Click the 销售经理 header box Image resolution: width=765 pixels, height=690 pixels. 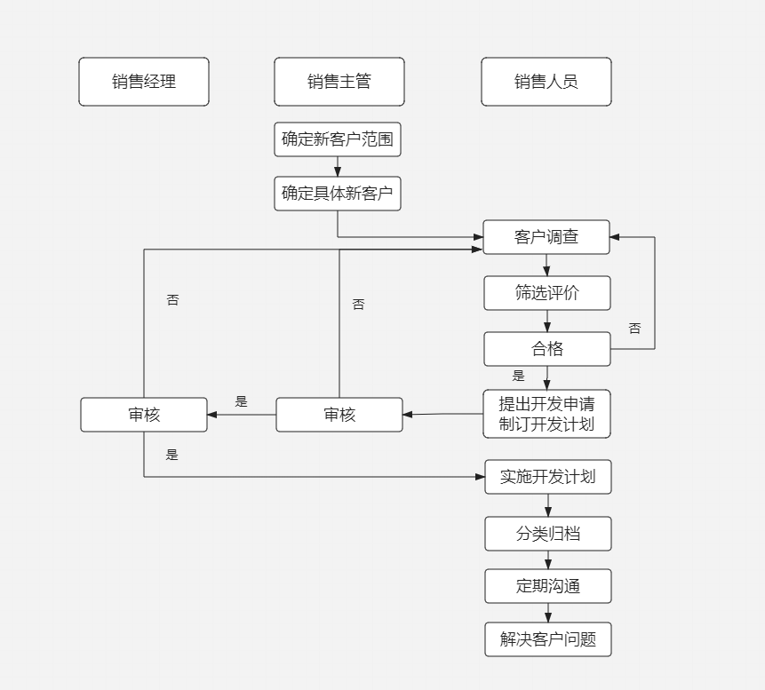pyautogui.click(x=144, y=82)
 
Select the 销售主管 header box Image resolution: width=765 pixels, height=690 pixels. pyautogui.click(x=339, y=82)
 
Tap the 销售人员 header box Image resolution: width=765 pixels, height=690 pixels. pyautogui.click(x=546, y=82)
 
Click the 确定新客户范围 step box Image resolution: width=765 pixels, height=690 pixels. pyautogui.click(x=338, y=139)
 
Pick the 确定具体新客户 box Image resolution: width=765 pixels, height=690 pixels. pyautogui.click(x=338, y=194)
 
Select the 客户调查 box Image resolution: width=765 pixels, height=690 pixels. pyautogui.click(x=546, y=237)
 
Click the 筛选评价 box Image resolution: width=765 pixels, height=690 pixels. pyautogui.click(x=546, y=293)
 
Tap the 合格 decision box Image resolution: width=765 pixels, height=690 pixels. pyautogui.click(x=546, y=349)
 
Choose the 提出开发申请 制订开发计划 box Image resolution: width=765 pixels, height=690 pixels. pyautogui.click(x=546, y=414)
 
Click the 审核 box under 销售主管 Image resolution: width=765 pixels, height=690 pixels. pyautogui.click(x=339, y=415)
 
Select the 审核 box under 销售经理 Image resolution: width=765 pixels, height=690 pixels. pyautogui.click(x=144, y=415)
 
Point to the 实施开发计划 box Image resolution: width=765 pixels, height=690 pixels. pyautogui.click(x=547, y=477)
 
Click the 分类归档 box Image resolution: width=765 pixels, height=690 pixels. pyautogui.click(x=547, y=534)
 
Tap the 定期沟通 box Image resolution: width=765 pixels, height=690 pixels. pyautogui.click(x=547, y=586)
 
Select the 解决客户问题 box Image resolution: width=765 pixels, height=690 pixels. pyautogui.click(x=547, y=639)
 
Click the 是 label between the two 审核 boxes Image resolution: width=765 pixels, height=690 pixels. pyautogui.click(x=241, y=401)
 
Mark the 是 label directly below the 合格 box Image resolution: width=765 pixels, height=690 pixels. pyautogui.click(x=518, y=376)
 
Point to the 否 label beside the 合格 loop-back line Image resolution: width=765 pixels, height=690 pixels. pyautogui.click(x=634, y=329)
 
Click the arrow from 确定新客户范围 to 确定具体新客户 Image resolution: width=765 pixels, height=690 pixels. pyautogui.click(x=338, y=167)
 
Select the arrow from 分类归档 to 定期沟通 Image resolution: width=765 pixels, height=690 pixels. pyautogui.click(x=547, y=560)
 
